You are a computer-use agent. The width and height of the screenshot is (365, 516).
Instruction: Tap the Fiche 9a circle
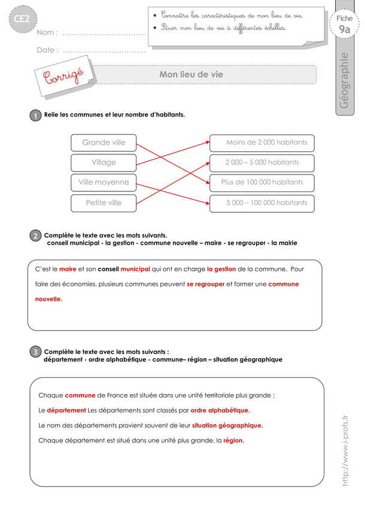click(x=344, y=25)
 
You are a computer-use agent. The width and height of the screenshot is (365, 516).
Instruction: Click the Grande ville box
click(x=104, y=142)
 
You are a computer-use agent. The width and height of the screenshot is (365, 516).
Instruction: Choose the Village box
click(x=104, y=162)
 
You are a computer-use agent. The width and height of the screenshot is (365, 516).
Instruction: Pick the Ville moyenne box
click(x=104, y=182)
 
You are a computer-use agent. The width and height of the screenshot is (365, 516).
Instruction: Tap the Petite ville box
click(x=104, y=203)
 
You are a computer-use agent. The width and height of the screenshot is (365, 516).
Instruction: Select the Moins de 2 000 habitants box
click(x=262, y=142)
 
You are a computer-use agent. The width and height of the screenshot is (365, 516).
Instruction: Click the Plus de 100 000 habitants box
click(x=262, y=182)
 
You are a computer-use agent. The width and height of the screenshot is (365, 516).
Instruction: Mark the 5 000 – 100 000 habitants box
click(x=262, y=203)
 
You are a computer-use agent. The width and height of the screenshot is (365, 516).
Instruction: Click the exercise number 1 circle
click(x=36, y=116)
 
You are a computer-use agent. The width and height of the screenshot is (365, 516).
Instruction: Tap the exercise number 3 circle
click(x=36, y=353)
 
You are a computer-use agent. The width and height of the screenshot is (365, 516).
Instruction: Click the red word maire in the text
click(x=68, y=269)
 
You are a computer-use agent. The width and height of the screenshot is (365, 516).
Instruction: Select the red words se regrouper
click(x=205, y=284)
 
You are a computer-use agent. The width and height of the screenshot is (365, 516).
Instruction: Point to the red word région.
click(x=233, y=441)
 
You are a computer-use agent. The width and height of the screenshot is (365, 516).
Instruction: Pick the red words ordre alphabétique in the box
click(x=220, y=410)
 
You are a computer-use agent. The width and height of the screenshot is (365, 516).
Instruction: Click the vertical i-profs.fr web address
click(x=345, y=451)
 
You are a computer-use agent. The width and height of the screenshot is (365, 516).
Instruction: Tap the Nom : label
click(x=47, y=33)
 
